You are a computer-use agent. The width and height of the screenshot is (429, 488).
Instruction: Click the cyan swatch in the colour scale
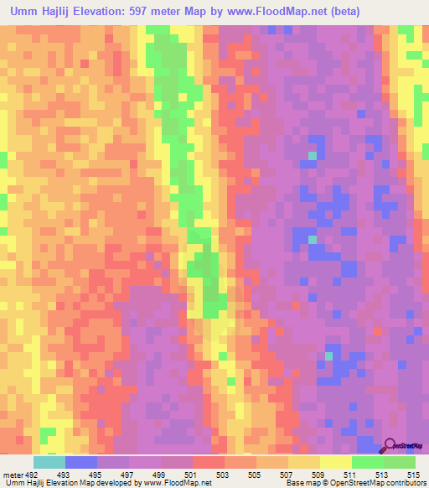coord(49,462)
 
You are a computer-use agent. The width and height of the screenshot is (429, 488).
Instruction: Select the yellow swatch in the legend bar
coord(336,462)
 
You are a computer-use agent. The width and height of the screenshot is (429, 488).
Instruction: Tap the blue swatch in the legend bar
coord(81,462)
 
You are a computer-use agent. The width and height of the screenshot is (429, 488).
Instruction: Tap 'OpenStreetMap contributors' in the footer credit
coord(381,483)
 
